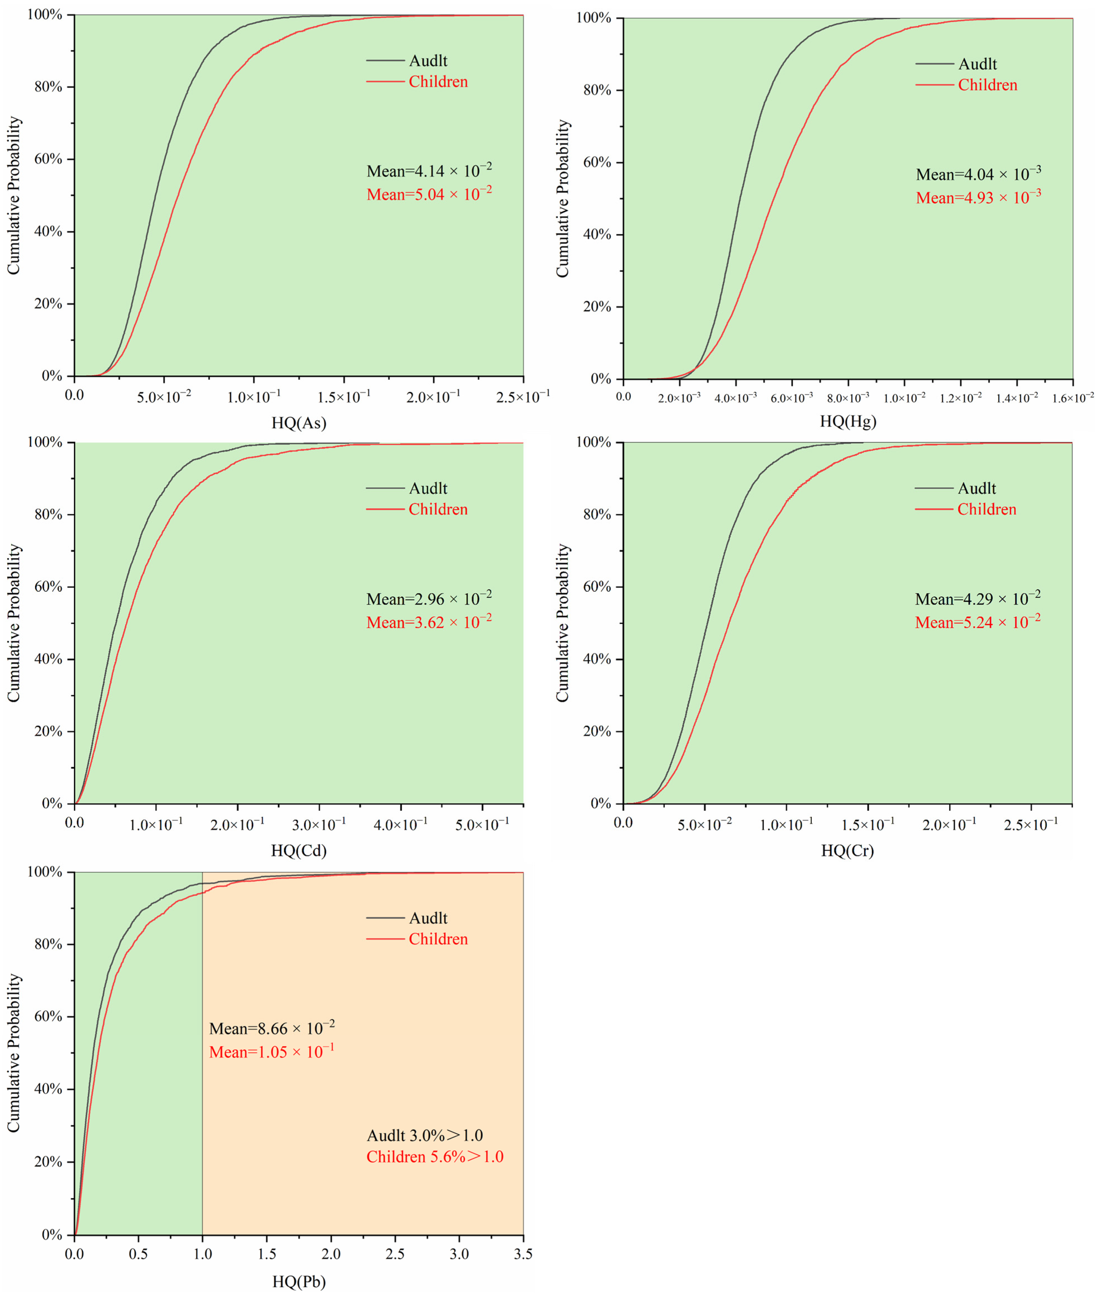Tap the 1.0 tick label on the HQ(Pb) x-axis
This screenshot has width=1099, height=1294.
click(x=203, y=1254)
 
